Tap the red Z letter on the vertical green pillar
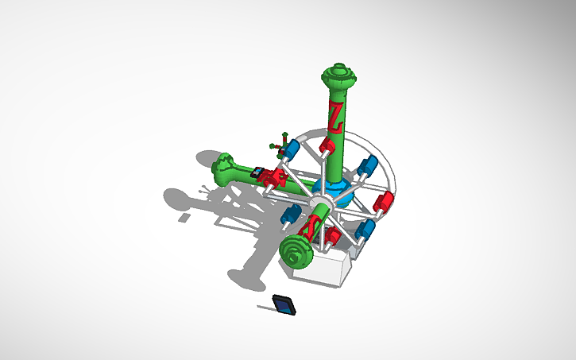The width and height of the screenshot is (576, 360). click(337, 115)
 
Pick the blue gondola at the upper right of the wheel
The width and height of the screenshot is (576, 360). click(368, 167)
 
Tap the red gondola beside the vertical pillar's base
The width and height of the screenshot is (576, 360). click(327, 146)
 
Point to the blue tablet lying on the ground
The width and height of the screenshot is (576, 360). click(284, 305)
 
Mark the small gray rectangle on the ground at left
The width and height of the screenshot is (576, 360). click(184, 216)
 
